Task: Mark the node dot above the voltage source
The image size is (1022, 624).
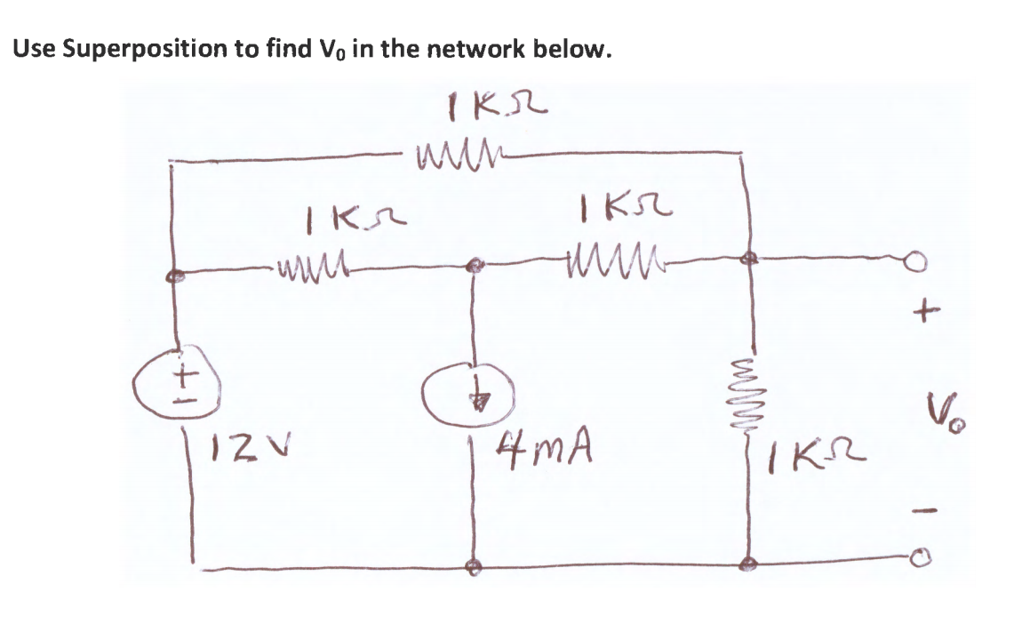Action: click(176, 276)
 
